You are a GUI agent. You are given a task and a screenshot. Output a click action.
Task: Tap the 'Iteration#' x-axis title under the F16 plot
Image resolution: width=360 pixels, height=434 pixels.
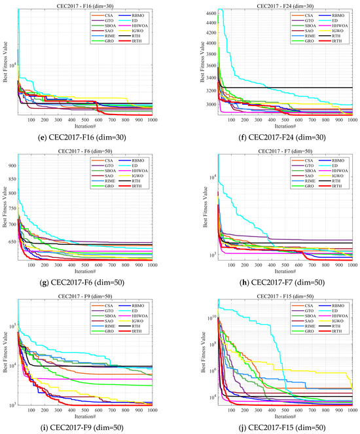click(x=93, y=122)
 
